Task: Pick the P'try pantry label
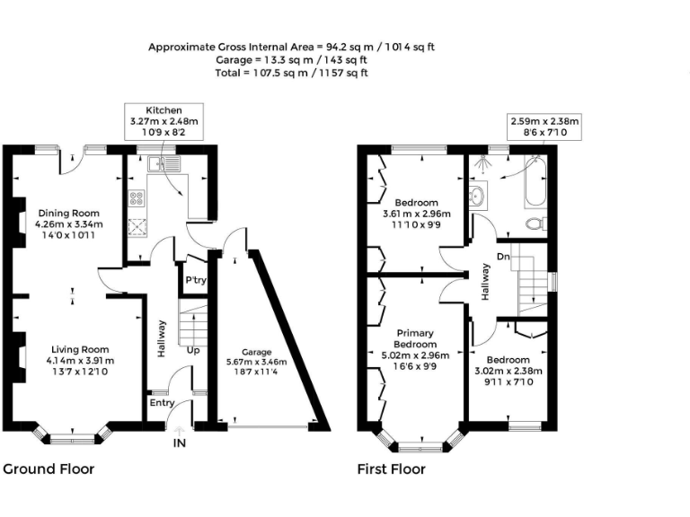[x=195, y=280]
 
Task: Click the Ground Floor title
[x=49, y=469]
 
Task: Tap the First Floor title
[x=392, y=469]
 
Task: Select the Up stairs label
[x=193, y=350]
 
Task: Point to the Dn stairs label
[x=503, y=258]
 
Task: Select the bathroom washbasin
[x=477, y=195]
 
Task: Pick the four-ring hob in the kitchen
[x=138, y=199]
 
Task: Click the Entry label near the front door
[x=163, y=403]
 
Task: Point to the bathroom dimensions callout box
[x=544, y=127]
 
